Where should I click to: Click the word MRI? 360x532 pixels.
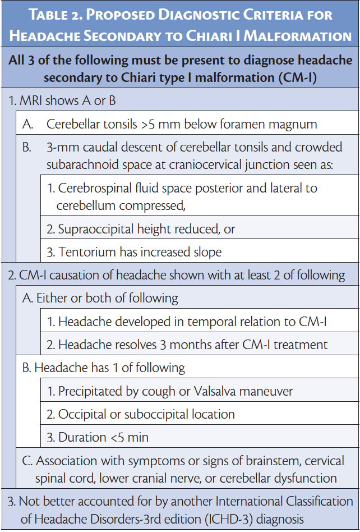[x=31, y=102]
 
